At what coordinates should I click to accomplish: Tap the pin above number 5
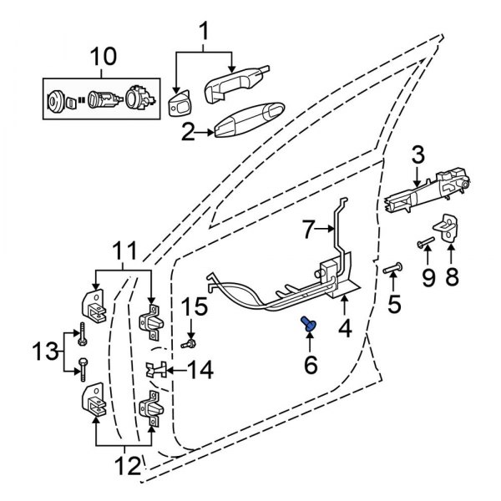click(x=392, y=269)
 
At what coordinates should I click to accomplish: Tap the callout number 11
click(x=124, y=249)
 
